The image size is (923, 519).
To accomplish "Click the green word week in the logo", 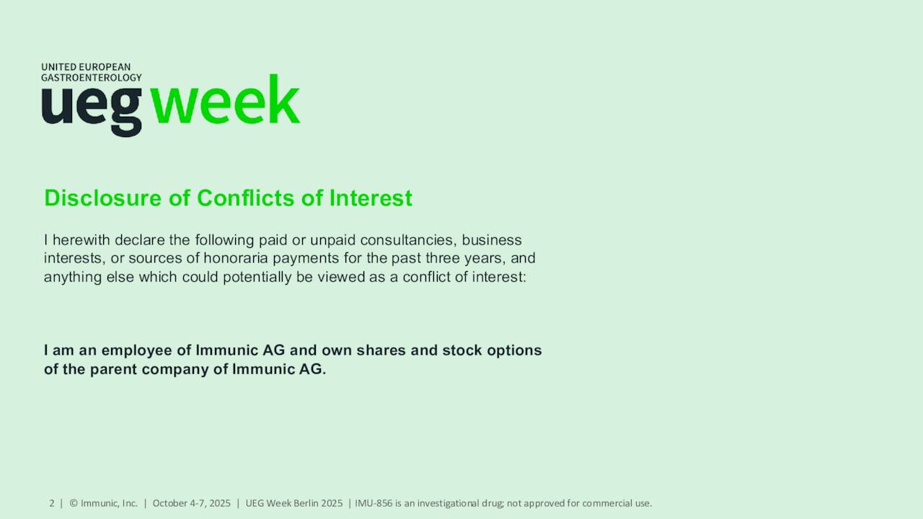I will pyautogui.click(x=225, y=102).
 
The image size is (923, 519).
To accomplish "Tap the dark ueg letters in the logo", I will pyautogui.click(x=92, y=108).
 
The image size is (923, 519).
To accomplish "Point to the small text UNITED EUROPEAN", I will pyautogui.click(x=86, y=67).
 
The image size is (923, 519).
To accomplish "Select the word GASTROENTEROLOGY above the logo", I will pyautogui.click(x=91, y=77).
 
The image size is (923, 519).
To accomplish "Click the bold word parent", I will pyautogui.click(x=115, y=369).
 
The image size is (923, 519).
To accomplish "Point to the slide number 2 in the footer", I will pyautogui.click(x=52, y=503).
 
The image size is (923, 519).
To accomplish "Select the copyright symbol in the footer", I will pyautogui.click(x=74, y=503).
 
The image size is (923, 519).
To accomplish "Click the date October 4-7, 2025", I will pyautogui.click(x=191, y=503).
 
